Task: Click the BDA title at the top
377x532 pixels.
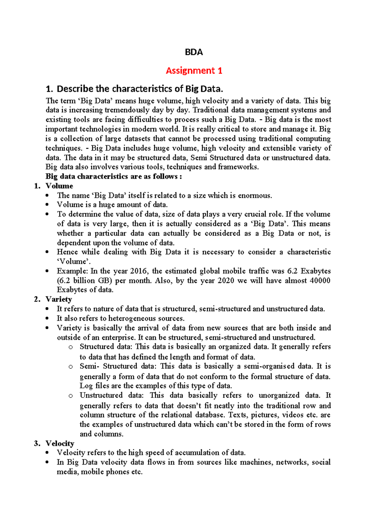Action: (x=194, y=52)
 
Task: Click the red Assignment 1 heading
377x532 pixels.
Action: (x=194, y=71)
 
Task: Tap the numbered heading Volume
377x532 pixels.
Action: (x=59, y=186)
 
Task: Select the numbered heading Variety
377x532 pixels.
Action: (x=59, y=299)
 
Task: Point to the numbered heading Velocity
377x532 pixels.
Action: (x=60, y=444)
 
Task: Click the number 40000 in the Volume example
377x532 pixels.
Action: (x=320, y=280)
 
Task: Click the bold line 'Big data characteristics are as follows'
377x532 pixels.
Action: (x=114, y=177)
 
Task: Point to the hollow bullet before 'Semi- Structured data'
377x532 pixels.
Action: (x=71, y=367)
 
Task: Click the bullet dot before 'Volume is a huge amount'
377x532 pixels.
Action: (x=47, y=205)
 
